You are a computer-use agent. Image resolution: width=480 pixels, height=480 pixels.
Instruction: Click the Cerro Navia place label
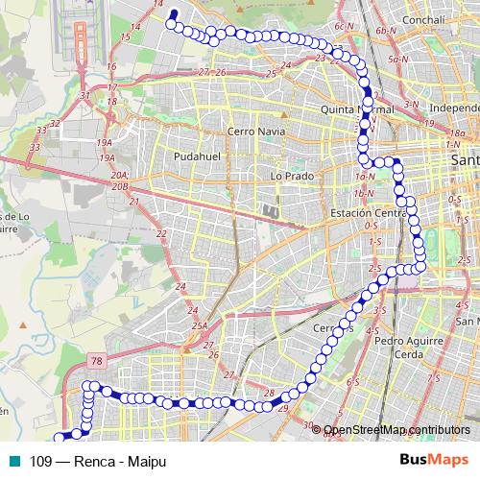pos(252,130)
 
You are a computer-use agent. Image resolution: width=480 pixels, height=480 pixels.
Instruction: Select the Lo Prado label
pos(287,176)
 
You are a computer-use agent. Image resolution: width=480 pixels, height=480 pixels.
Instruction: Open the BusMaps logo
pos(435,459)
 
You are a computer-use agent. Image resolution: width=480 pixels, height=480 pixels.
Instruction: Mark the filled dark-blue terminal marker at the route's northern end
pos(174,14)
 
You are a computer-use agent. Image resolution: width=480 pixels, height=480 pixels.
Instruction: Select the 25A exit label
pos(199,326)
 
